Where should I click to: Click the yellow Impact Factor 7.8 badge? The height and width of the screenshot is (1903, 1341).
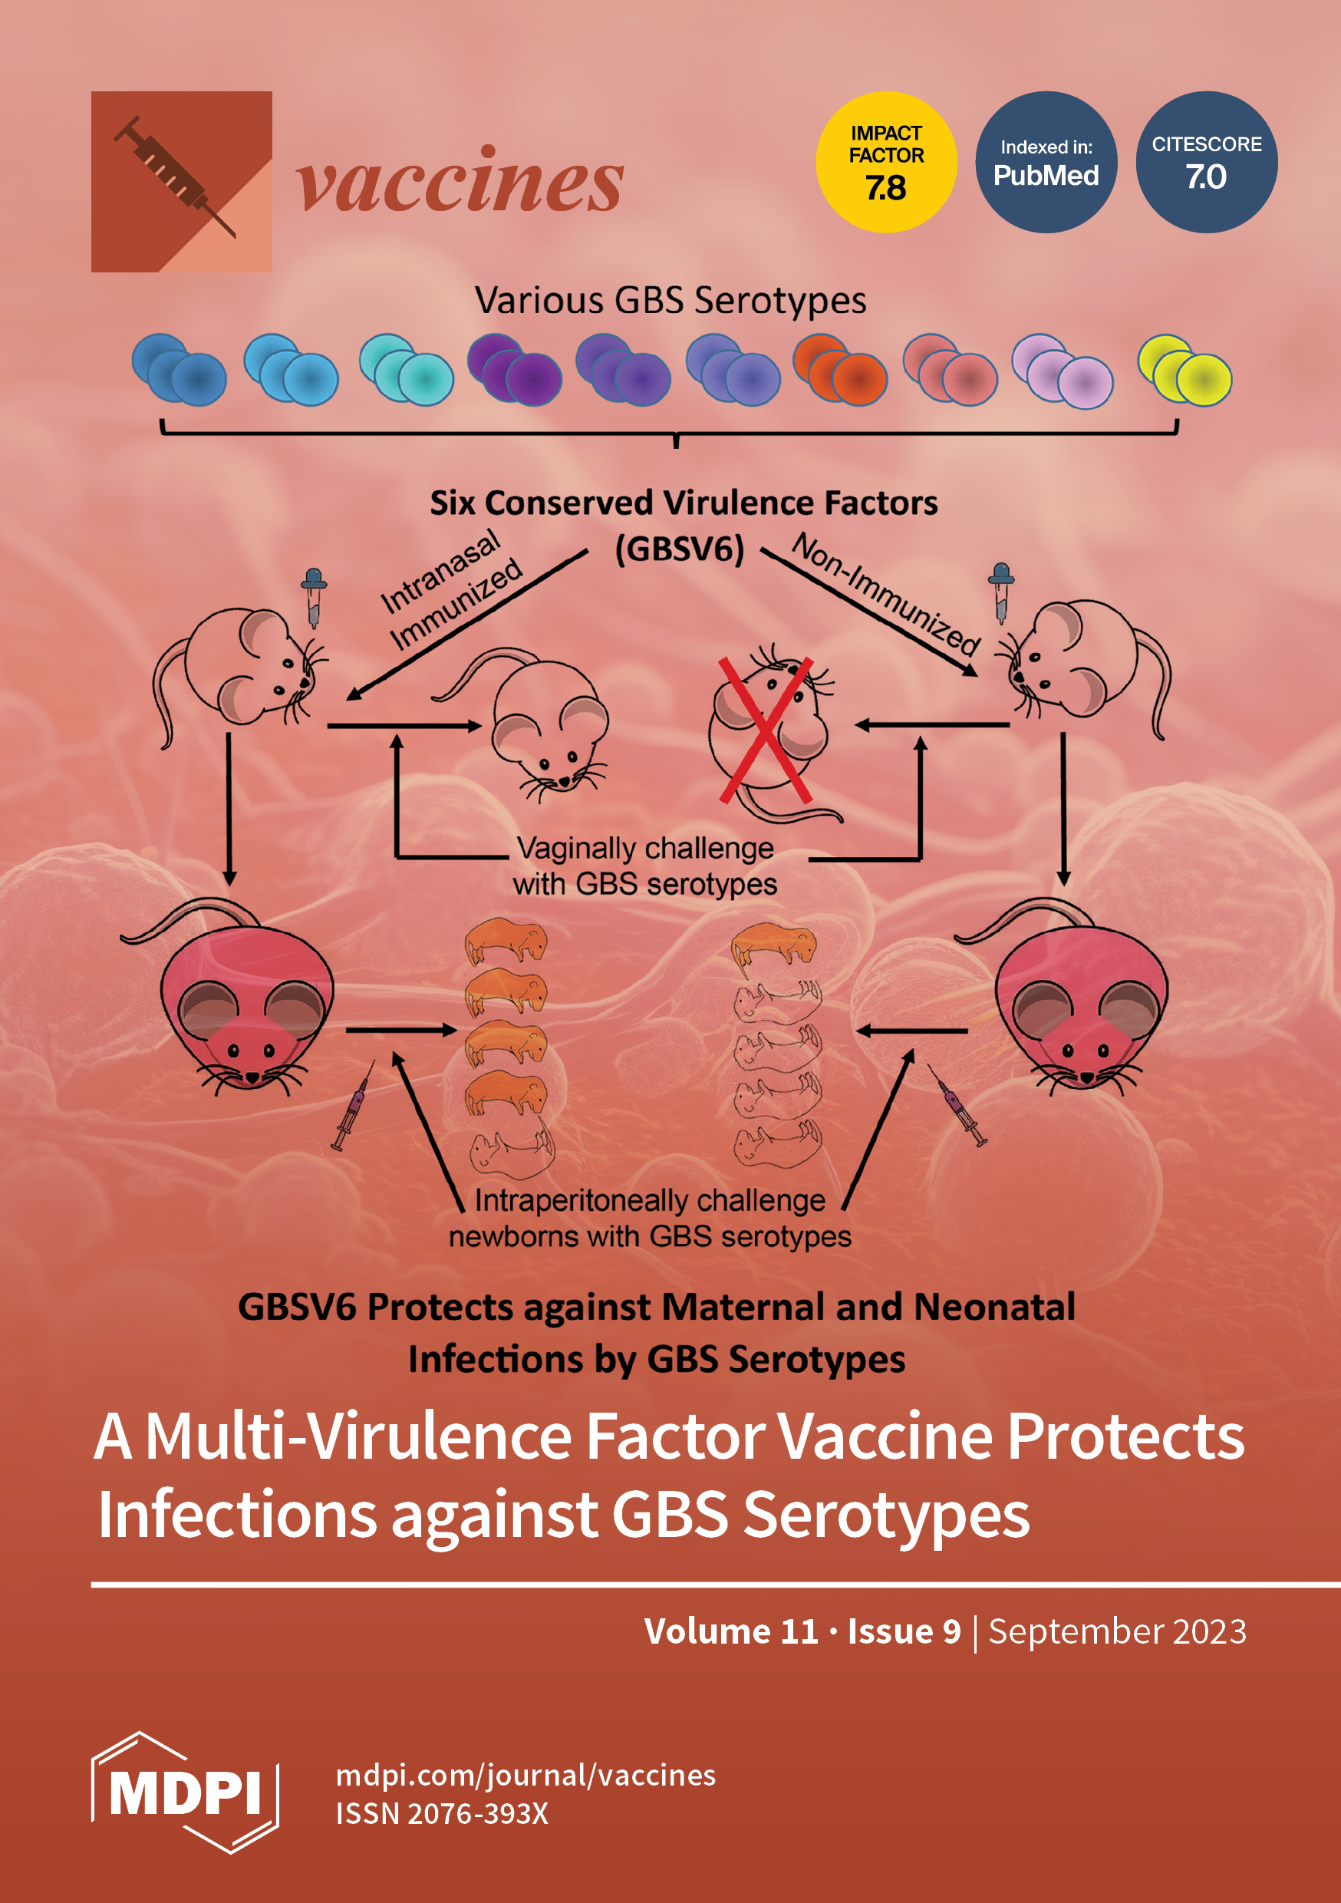coord(886,163)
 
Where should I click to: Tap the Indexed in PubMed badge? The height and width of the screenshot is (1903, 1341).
coord(1046,163)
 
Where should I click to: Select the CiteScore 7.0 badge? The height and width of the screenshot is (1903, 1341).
coord(1206,163)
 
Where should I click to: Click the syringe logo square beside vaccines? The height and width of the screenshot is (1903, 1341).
coord(182,182)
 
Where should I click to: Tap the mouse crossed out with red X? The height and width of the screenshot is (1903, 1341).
coord(766,730)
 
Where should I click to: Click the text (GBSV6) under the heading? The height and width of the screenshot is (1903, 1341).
coord(680,549)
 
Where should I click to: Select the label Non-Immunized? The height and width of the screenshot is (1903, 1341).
coord(886,593)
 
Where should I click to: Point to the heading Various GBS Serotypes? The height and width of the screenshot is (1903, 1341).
coord(670,300)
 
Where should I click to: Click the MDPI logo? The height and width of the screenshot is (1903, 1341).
coord(185,1792)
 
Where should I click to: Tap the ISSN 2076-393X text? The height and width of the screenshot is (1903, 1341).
coord(442,1813)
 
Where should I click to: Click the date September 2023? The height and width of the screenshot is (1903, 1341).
coord(1117,1631)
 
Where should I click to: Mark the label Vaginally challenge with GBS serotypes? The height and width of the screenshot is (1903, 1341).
coord(645,866)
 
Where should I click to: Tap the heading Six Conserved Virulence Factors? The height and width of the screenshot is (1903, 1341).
coord(684,503)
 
